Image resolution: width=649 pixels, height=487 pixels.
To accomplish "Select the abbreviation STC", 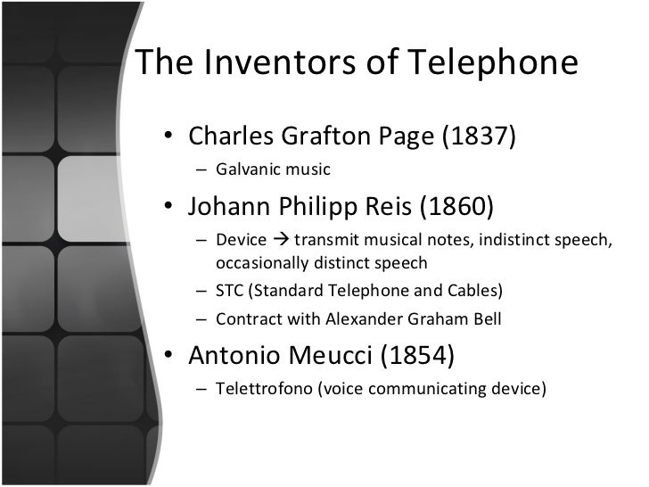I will (231, 291).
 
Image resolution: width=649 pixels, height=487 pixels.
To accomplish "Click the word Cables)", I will (476, 291).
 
